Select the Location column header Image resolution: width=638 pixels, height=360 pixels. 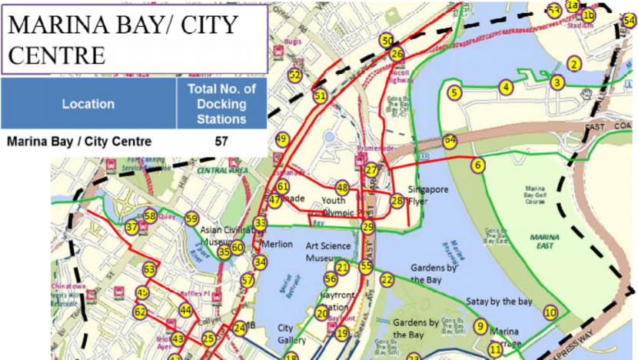click(x=88, y=104)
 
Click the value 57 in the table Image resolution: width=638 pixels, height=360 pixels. click(x=222, y=142)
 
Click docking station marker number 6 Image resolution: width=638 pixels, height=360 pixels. click(x=477, y=165)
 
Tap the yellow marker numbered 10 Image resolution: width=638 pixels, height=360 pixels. click(x=550, y=312)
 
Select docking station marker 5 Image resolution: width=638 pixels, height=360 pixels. click(x=454, y=92)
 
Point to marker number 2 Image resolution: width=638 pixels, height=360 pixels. click(x=573, y=64)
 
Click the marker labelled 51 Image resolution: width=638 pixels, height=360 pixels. click(x=320, y=95)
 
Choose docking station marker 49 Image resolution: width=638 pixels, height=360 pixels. click(x=281, y=139)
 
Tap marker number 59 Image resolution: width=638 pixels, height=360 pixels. click(x=191, y=219)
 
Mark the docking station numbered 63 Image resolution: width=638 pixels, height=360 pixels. click(x=148, y=270)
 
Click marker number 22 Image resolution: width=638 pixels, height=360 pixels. click(x=387, y=280)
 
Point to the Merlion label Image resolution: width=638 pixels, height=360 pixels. click(x=277, y=245)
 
